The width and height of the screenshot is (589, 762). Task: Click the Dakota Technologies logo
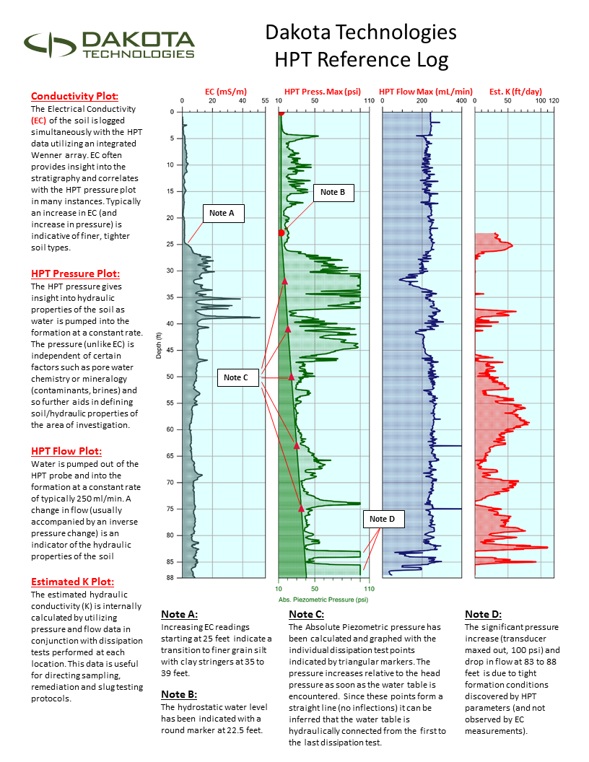(x=110, y=45)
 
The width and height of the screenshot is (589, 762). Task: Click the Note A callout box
(x=222, y=214)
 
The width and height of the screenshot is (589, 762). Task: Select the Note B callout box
(x=333, y=192)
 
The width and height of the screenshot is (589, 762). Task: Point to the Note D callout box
(x=383, y=519)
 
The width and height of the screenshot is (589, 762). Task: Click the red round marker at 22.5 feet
(x=281, y=232)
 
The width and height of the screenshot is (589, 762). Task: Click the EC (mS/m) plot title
(x=225, y=92)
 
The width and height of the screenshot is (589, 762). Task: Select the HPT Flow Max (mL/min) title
(x=426, y=92)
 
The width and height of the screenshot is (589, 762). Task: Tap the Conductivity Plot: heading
(x=75, y=96)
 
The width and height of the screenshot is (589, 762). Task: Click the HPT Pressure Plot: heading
(x=75, y=273)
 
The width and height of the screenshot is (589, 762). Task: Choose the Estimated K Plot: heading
(x=72, y=582)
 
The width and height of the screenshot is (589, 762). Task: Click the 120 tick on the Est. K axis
(x=554, y=102)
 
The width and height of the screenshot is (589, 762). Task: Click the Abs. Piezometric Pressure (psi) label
(x=323, y=599)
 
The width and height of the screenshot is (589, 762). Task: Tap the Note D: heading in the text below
(x=483, y=614)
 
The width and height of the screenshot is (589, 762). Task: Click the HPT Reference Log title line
(x=361, y=59)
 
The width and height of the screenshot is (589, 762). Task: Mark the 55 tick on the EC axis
(x=265, y=102)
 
